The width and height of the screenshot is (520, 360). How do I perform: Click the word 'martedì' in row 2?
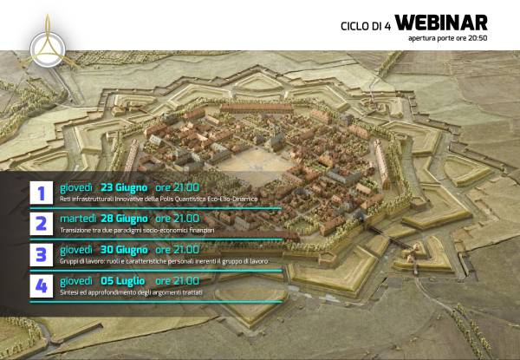78,218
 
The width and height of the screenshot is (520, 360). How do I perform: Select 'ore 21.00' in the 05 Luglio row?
177,281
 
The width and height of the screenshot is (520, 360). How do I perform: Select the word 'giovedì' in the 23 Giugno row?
76,187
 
